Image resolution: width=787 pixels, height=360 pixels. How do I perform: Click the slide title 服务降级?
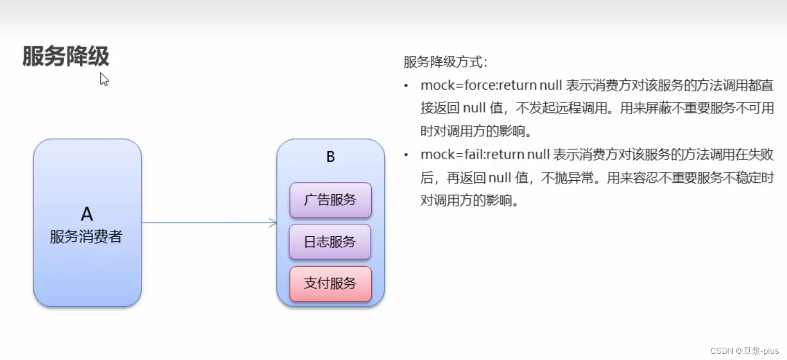coord(66,56)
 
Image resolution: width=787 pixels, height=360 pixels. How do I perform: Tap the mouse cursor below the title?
coord(104,79)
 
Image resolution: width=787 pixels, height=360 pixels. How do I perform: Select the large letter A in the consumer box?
coord(86,213)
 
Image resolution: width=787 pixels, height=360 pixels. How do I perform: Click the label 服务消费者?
coord(86,237)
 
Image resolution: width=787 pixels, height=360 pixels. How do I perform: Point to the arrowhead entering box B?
coord(273,223)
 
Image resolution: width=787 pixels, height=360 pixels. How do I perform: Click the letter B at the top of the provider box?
coord(330,157)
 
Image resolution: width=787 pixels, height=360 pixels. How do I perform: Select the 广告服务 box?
coord(330,200)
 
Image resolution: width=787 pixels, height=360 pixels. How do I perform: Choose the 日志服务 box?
coord(330,241)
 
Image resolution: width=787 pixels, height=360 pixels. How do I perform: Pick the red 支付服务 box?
coord(330,283)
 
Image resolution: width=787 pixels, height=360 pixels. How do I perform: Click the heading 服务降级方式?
coord(445,63)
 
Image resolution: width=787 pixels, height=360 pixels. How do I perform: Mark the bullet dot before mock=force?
coord(406,85)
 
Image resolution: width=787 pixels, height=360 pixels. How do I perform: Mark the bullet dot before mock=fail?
coord(406,155)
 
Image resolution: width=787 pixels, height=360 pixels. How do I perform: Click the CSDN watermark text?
coord(720,351)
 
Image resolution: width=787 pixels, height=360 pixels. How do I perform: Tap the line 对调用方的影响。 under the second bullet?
coord(470,201)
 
